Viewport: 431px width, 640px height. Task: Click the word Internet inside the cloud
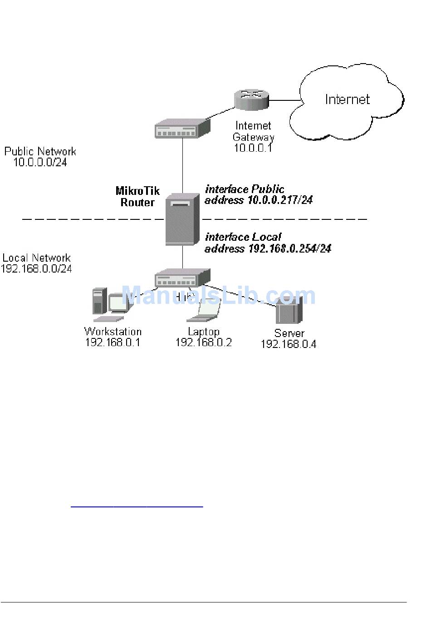[x=347, y=99]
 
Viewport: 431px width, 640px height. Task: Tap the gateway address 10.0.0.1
[x=253, y=148]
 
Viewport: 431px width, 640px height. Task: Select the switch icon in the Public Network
[x=182, y=129]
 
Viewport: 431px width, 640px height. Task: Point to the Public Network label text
[x=40, y=151]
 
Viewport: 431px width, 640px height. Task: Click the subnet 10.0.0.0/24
[x=40, y=162]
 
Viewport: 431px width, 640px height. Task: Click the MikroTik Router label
[x=137, y=196]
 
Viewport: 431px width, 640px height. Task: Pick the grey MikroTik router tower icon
[x=182, y=219]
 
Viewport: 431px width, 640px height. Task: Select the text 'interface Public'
[x=245, y=189]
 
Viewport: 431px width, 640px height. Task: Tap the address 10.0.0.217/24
[x=280, y=200]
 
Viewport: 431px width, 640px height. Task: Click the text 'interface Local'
[x=243, y=237]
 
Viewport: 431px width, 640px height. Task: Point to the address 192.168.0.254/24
[x=289, y=248]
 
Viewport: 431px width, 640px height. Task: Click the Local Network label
[x=37, y=258]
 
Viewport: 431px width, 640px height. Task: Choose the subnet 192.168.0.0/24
[x=37, y=268]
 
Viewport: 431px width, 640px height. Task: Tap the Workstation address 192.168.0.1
[x=113, y=342]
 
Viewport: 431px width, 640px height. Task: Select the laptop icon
[x=205, y=311]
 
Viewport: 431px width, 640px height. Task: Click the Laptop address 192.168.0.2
[x=204, y=342]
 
